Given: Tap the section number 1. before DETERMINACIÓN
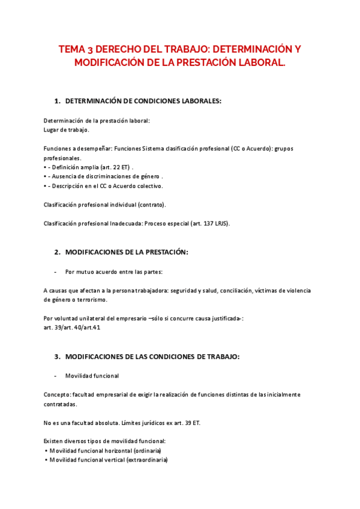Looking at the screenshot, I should coord(57,101).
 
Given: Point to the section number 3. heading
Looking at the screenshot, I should coord(57,357).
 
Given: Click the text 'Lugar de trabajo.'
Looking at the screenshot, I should coord(67,130).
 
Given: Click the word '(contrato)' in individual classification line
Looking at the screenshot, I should coord(151,205).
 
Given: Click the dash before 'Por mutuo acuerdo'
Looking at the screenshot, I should coord(55,271).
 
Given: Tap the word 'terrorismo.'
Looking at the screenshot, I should coord(91,300).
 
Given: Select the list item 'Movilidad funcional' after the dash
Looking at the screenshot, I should coord(92,376).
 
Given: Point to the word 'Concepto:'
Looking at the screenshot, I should coord(57,394).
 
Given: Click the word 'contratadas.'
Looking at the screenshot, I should coord(60,404).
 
